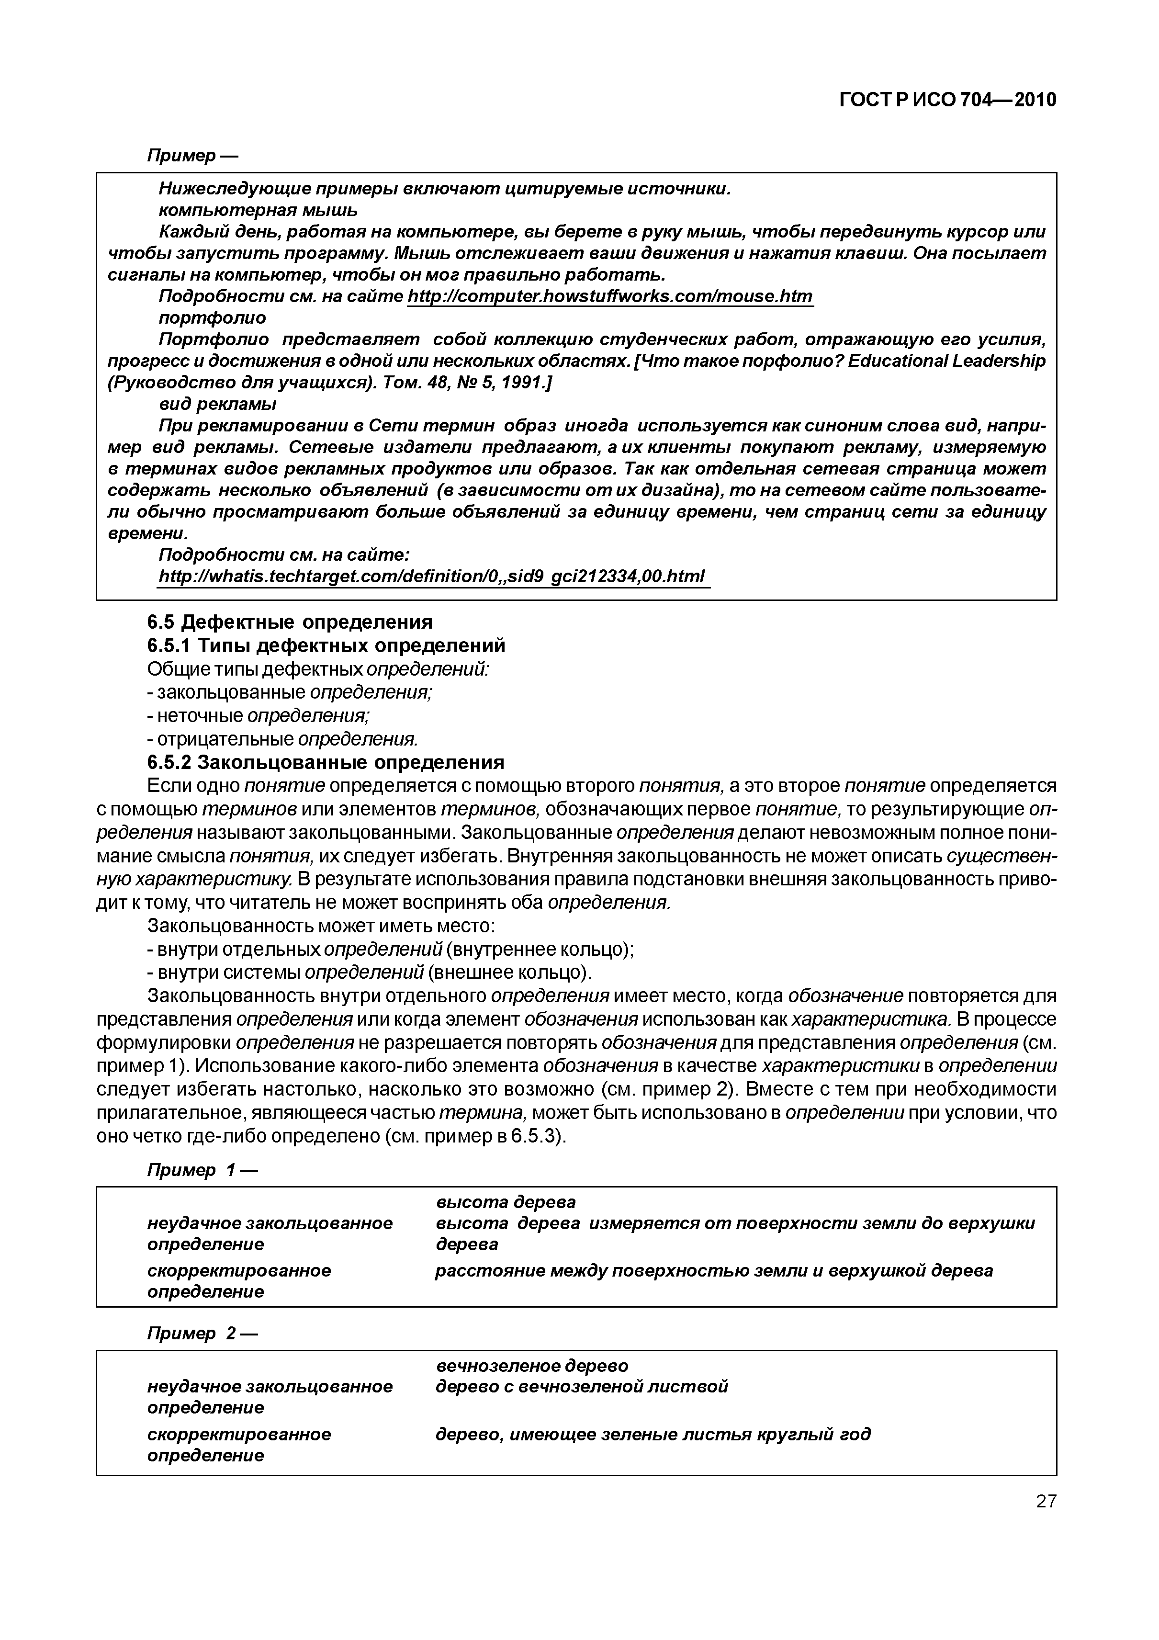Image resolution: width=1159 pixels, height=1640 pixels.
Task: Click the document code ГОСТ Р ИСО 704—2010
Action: [x=947, y=100]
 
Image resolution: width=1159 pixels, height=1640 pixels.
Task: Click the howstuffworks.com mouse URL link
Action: [x=610, y=296]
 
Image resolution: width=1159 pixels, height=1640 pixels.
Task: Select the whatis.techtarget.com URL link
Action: [x=431, y=576]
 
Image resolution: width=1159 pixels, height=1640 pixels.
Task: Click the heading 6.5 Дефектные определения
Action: [x=290, y=622]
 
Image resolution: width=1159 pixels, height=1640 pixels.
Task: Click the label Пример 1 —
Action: [x=202, y=1170]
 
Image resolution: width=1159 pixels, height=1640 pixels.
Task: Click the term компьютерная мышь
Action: [x=258, y=211]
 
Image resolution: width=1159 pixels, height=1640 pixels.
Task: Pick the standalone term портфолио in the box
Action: [x=212, y=318]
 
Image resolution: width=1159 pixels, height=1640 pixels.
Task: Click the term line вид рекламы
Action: [x=217, y=404]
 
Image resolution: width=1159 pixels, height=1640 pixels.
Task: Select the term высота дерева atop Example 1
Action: [x=506, y=1202]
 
